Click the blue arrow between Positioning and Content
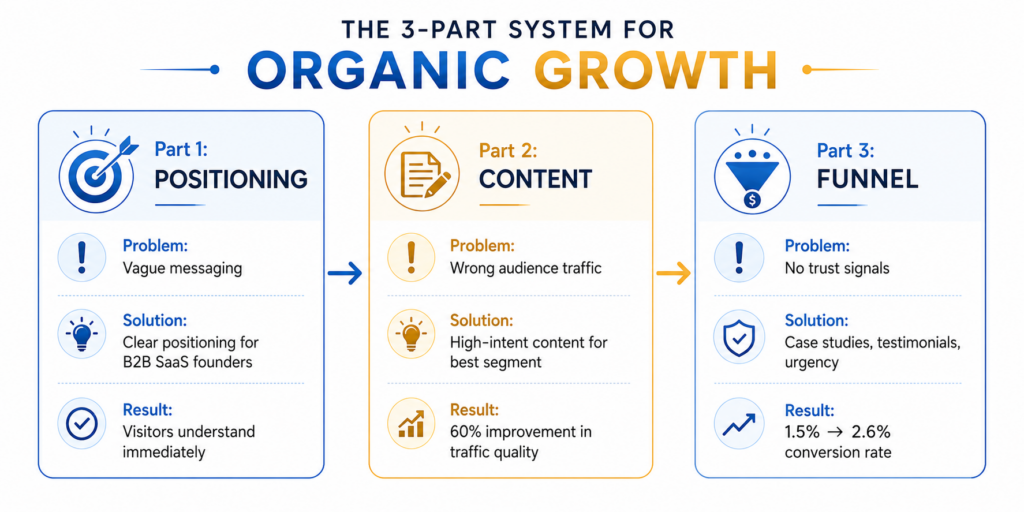tap(344, 274)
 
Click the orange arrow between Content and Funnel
tap(673, 274)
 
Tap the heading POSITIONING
tap(231, 178)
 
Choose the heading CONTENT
tap(535, 178)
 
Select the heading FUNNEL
tap(867, 179)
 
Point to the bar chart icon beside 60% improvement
tap(411, 424)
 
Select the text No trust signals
tap(837, 268)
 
